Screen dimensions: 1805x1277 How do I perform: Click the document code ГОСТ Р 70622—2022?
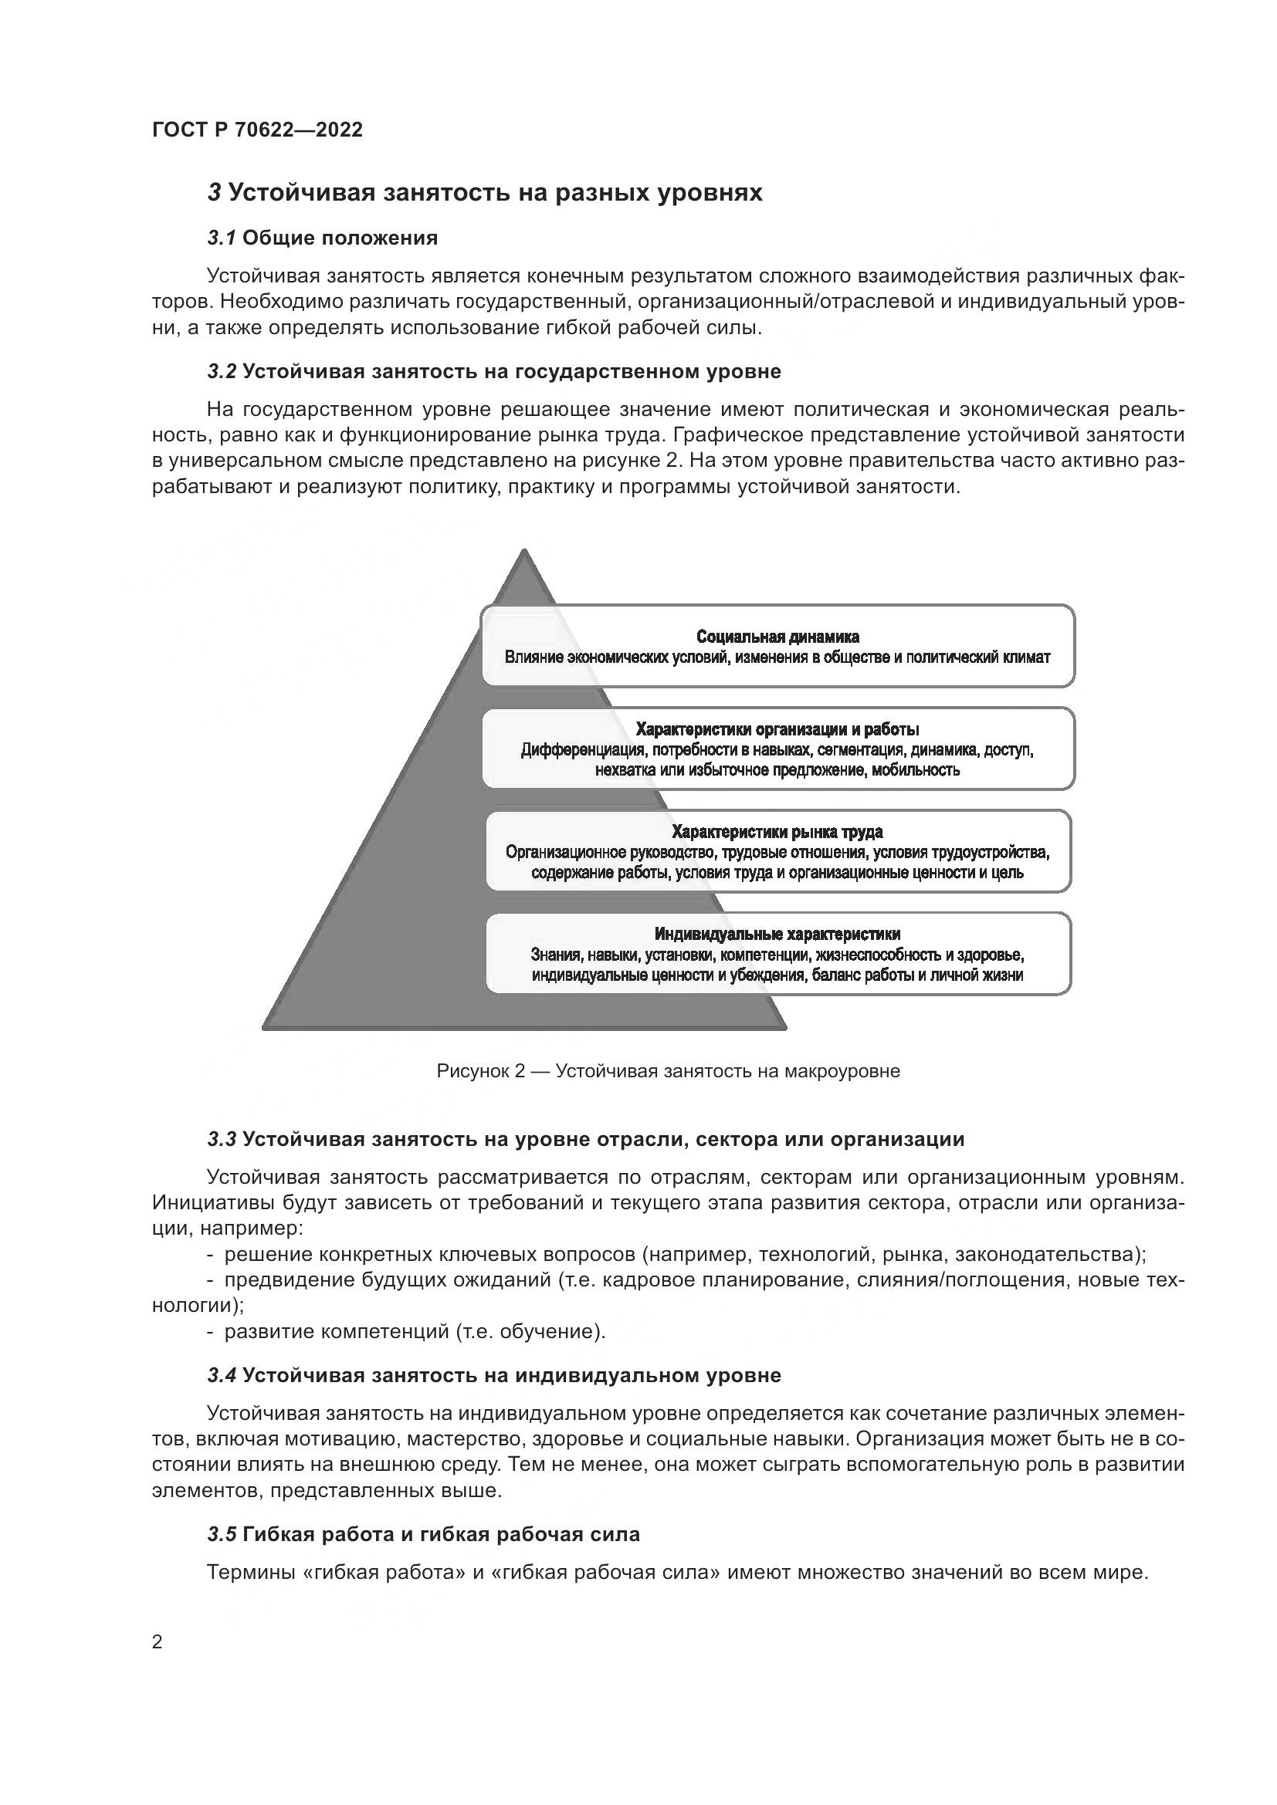[257, 130]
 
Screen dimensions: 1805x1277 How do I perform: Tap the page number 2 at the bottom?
[158, 1642]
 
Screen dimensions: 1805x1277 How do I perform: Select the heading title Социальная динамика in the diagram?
[777, 637]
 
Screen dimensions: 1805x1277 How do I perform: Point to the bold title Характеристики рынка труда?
[777, 832]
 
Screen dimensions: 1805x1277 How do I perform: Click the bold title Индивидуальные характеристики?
[777, 934]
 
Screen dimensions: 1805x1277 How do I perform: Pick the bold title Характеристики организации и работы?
[777, 729]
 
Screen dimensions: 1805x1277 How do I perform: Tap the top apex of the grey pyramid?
[523, 553]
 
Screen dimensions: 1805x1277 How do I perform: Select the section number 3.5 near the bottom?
[222, 1534]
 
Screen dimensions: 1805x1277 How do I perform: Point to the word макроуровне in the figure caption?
[842, 1071]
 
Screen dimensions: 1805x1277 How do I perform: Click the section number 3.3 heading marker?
[222, 1139]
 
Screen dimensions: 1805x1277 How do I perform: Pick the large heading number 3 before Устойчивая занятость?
[214, 193]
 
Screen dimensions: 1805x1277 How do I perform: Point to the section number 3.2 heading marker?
[222, 371]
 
